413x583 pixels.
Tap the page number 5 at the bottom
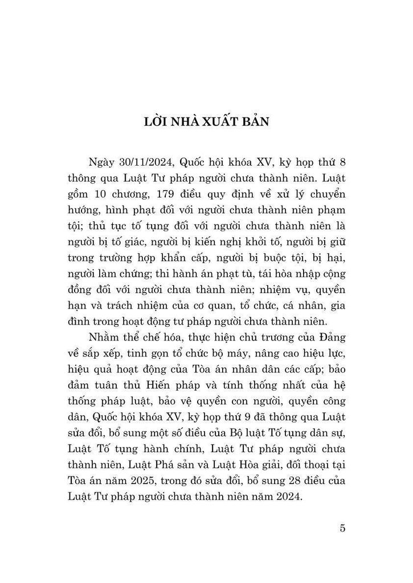coord(342,527)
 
